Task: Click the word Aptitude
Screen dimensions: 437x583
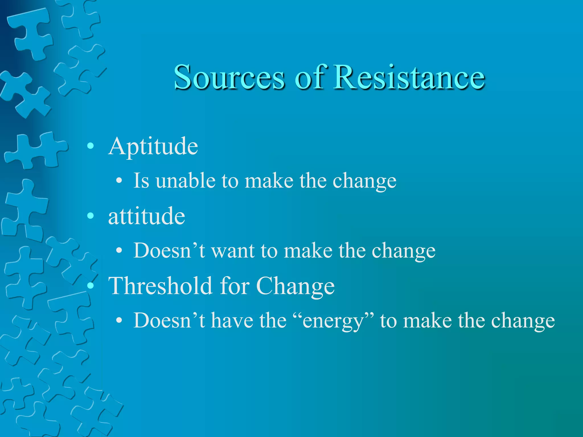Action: coord(153,147)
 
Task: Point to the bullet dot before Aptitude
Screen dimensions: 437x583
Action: coord(91,146)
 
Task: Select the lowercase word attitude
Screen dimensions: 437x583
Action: coord(147,216)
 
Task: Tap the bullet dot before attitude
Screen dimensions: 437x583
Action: coord(91,216)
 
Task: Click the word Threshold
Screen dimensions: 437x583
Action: coord(161,286)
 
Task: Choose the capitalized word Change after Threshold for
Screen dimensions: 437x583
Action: coord(295,286)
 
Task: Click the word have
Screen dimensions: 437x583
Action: coord(232,321)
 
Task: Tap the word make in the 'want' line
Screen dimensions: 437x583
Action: coord(308,251)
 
